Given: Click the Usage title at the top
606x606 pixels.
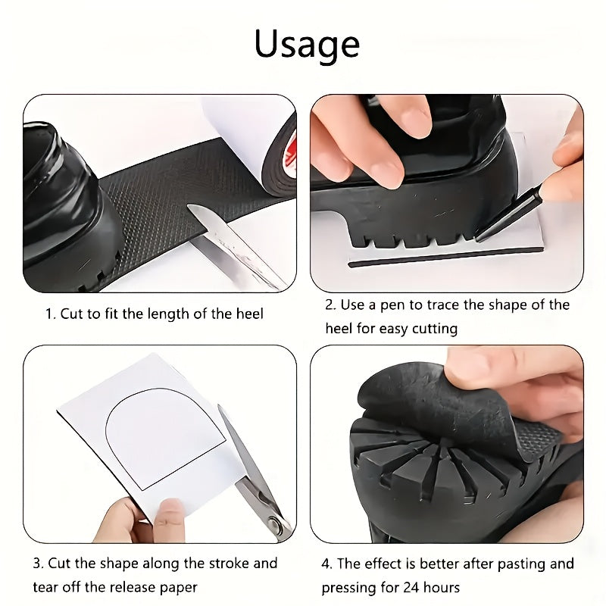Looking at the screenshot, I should pos(307,44).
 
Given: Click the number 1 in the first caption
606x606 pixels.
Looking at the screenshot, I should pos(49,313).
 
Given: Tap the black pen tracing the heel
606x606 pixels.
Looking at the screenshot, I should pos(515,214).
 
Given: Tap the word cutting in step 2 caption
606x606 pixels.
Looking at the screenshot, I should pos(434,329).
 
